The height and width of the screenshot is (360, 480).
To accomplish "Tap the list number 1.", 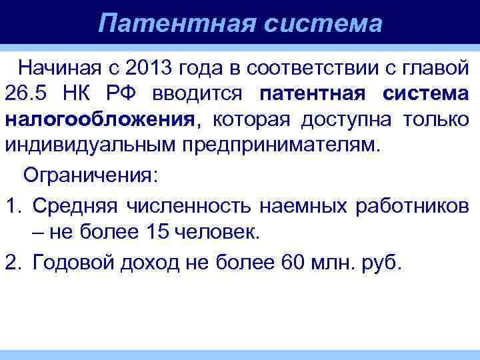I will pos(13,205).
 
